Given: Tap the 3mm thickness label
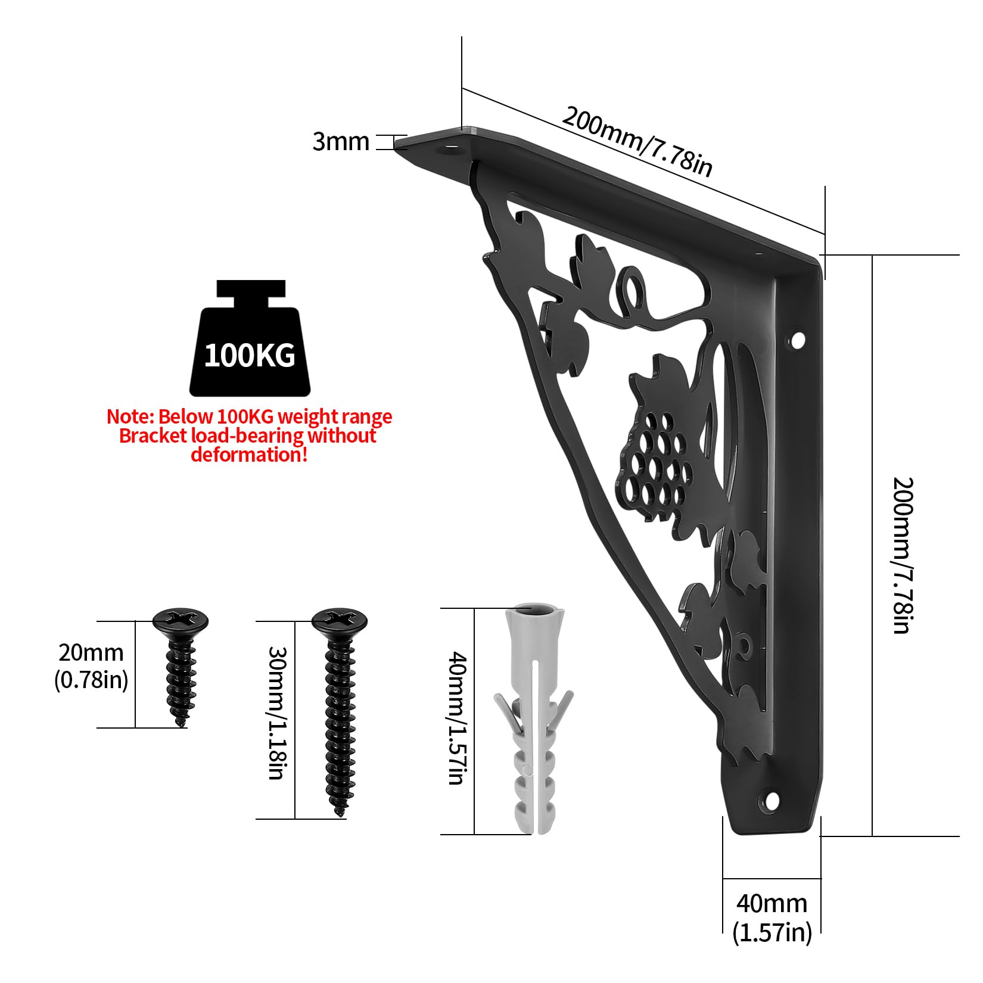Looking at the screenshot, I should point(341,142).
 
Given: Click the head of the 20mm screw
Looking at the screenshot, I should point(181,621).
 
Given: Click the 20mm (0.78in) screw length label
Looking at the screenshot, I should point(91,666).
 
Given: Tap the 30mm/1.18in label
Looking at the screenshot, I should point(277,713).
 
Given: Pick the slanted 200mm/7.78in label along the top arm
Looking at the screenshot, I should point(637,141).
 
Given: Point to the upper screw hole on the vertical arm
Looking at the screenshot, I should point(797,341).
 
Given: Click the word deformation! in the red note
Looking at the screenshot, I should point(249,455).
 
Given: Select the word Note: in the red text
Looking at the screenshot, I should point(130,416).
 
